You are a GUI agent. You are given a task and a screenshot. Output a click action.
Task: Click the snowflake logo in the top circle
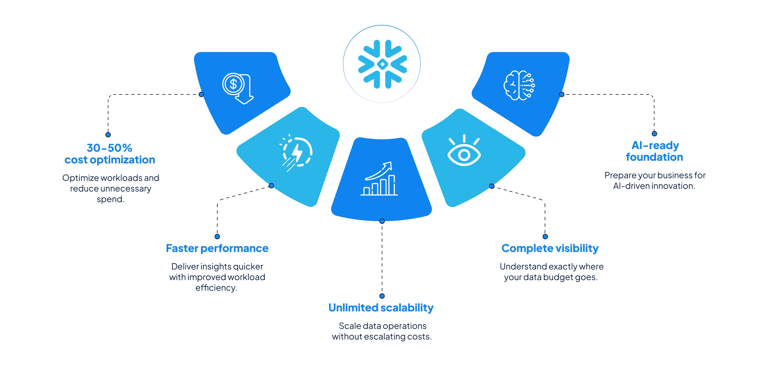point(382,64)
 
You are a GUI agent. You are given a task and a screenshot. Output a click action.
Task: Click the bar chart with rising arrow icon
point(379,178)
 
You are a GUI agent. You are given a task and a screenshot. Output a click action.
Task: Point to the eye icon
point(464,150)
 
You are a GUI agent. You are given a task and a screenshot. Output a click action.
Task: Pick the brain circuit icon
point(519,85)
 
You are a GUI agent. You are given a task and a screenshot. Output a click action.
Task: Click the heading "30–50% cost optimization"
point(110,154)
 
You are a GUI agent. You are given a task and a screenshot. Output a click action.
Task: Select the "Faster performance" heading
point(217,248)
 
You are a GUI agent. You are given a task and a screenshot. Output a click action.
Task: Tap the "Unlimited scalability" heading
point(381,308)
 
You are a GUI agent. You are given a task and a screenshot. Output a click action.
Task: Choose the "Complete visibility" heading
point(550,248)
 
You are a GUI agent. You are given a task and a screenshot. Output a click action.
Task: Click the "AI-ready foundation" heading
point(654,151)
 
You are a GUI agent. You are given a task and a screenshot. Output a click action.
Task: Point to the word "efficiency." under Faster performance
point(216,288)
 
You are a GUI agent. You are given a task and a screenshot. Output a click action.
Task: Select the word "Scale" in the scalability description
point(350,326)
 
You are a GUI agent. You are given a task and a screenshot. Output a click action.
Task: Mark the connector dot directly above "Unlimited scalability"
point(382,296)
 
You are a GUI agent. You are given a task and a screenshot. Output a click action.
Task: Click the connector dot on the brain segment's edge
point(562,94)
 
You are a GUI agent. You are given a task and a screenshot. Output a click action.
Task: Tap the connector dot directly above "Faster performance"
point(217,237)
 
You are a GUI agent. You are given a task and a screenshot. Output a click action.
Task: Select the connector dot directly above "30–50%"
point(108,135)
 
